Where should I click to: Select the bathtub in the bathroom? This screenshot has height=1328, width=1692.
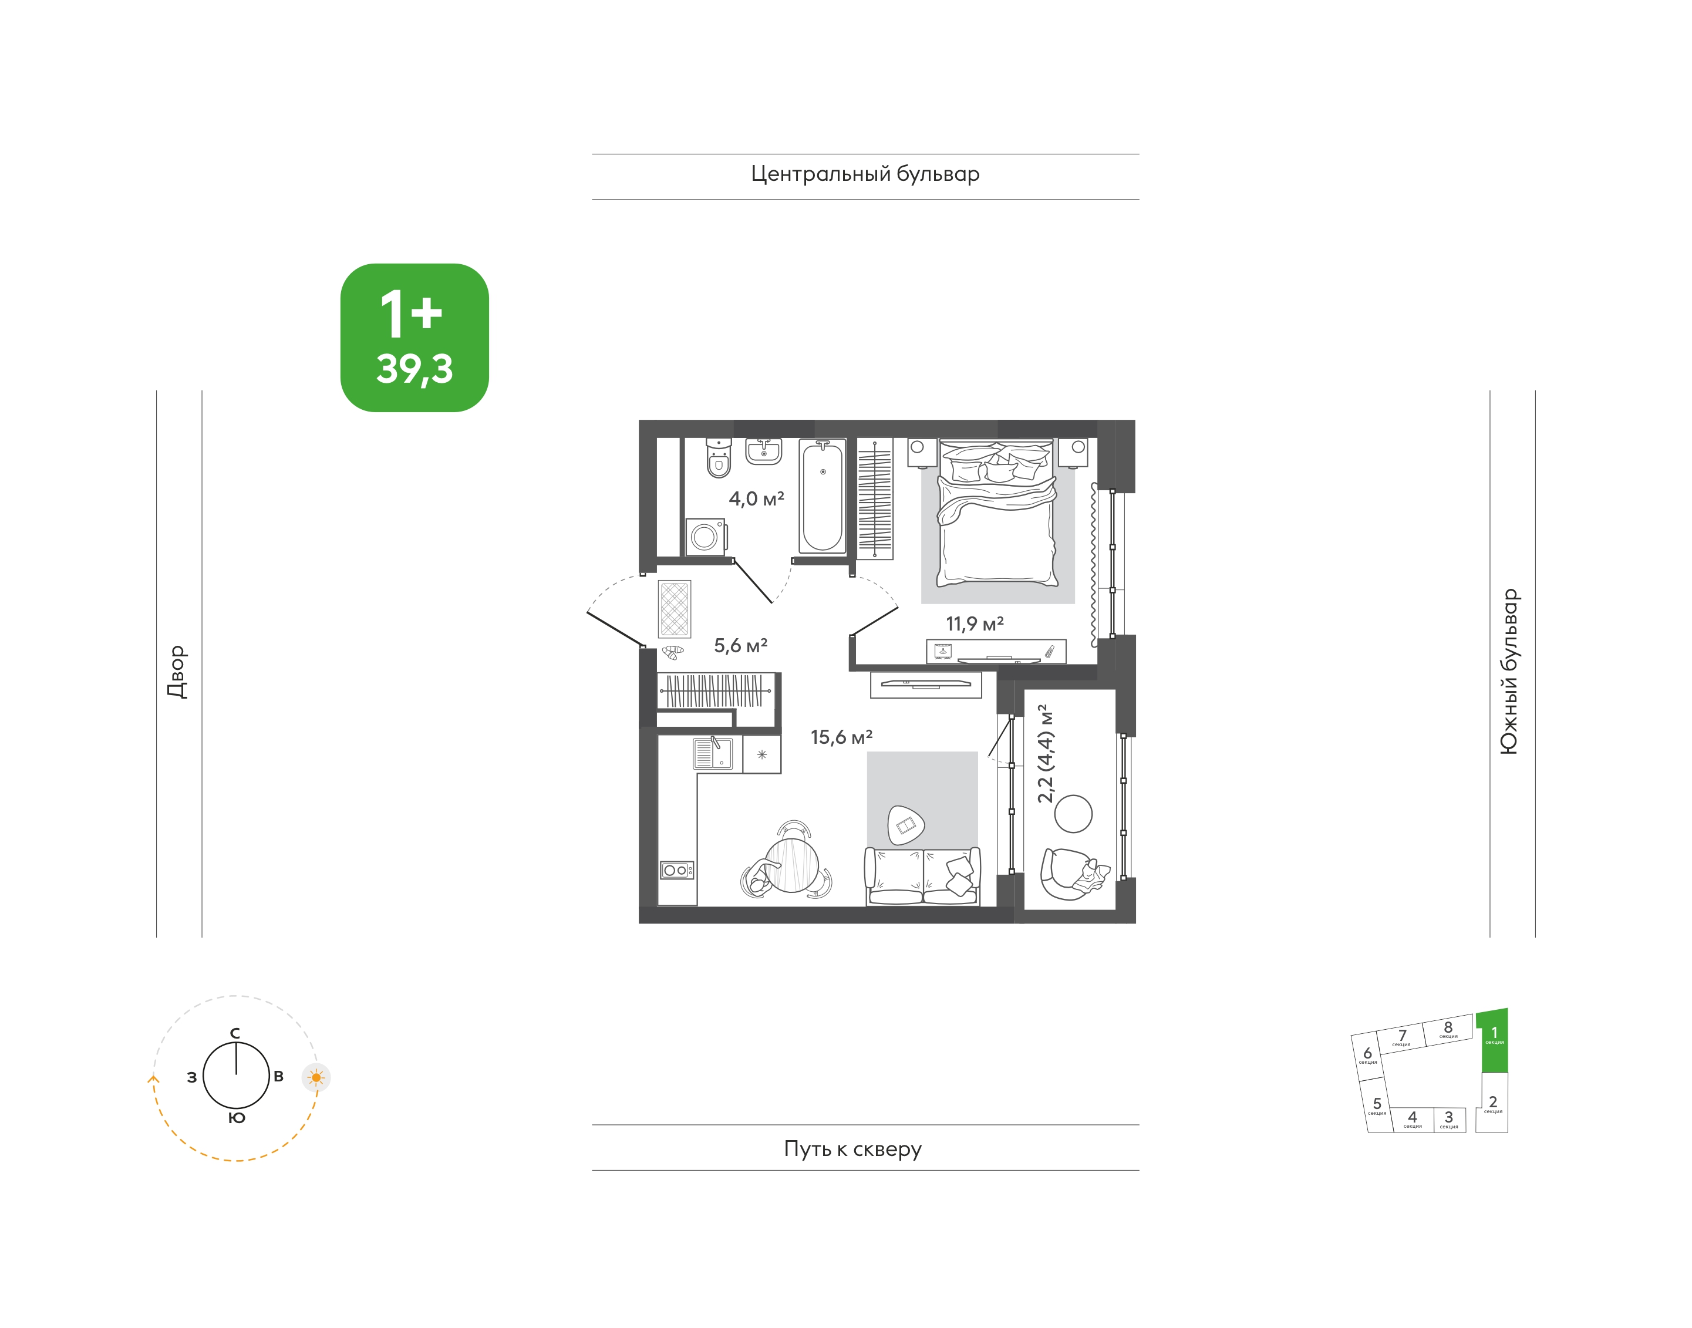(822, 496)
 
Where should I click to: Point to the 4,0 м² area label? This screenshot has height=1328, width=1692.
(756, 498)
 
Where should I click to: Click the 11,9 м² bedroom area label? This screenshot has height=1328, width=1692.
(975, 623)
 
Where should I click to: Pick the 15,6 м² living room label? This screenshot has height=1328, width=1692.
(841, 736)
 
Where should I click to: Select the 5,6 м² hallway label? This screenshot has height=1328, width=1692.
(740, 645)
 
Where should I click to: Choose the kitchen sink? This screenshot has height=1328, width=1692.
(712, 753)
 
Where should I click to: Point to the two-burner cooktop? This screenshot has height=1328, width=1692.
(676, 870)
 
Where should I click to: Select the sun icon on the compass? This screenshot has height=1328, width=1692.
(316, 1078)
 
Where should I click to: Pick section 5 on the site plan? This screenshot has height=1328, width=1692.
(1377, 1105)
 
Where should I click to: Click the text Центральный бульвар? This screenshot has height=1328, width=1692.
(865, 173)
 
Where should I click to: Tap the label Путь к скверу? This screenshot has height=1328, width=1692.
(852, 1148)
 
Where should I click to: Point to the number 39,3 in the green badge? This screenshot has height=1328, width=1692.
(414, 369)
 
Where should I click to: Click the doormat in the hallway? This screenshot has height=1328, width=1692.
(674, 609)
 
